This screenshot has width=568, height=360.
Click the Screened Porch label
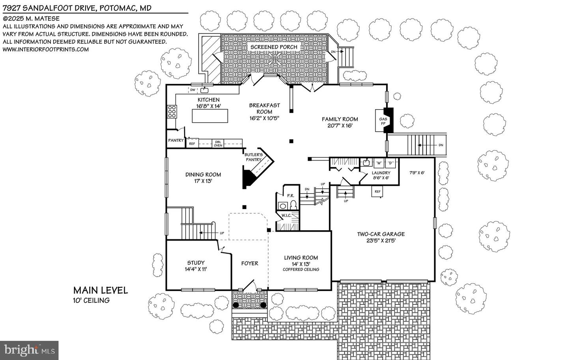pyautogui.click(x=274, y=47)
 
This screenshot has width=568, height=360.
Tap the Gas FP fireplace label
pyautogui.click(x=383, y=121)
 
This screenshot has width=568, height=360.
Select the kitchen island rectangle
pyautogui.click(x=210, y=116)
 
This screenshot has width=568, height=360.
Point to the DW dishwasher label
pyautogui.click(x=193, y=90)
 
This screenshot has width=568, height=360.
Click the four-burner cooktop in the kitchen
pyautogui.click(x=172, y=112)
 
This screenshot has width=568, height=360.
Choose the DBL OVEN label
pyautogui.click(x=218, y=144)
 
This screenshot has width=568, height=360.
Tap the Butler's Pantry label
pyautogui.click(x=254, y=157)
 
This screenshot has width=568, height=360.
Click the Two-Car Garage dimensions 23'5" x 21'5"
pyautogui.click(x=381, y=241)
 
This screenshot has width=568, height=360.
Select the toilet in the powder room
pyautogui.click(x=293, y=205)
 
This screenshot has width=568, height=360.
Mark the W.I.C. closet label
pyautogui.click(x=286, y=216)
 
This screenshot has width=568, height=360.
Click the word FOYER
pyautogui.click(x=250, y=263)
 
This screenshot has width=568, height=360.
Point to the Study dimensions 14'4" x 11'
pyautogui.click(x=196, y=269)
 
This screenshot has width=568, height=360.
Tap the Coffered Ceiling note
pyautogui.click(x=301, y=269)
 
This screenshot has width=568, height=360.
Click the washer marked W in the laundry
pyautogui.click(x=379, y=163)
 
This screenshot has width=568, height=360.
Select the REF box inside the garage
pyautogui.click(x=377, y=192)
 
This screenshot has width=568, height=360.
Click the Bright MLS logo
pyautogui.click(x=29, y=351)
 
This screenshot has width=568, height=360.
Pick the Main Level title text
pyautogui.click(x=101, y=291)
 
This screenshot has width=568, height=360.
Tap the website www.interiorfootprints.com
pyautogui.click(x=46, y=49)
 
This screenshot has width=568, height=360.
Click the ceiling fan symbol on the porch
pyautogui.click(x=275, y=59)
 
